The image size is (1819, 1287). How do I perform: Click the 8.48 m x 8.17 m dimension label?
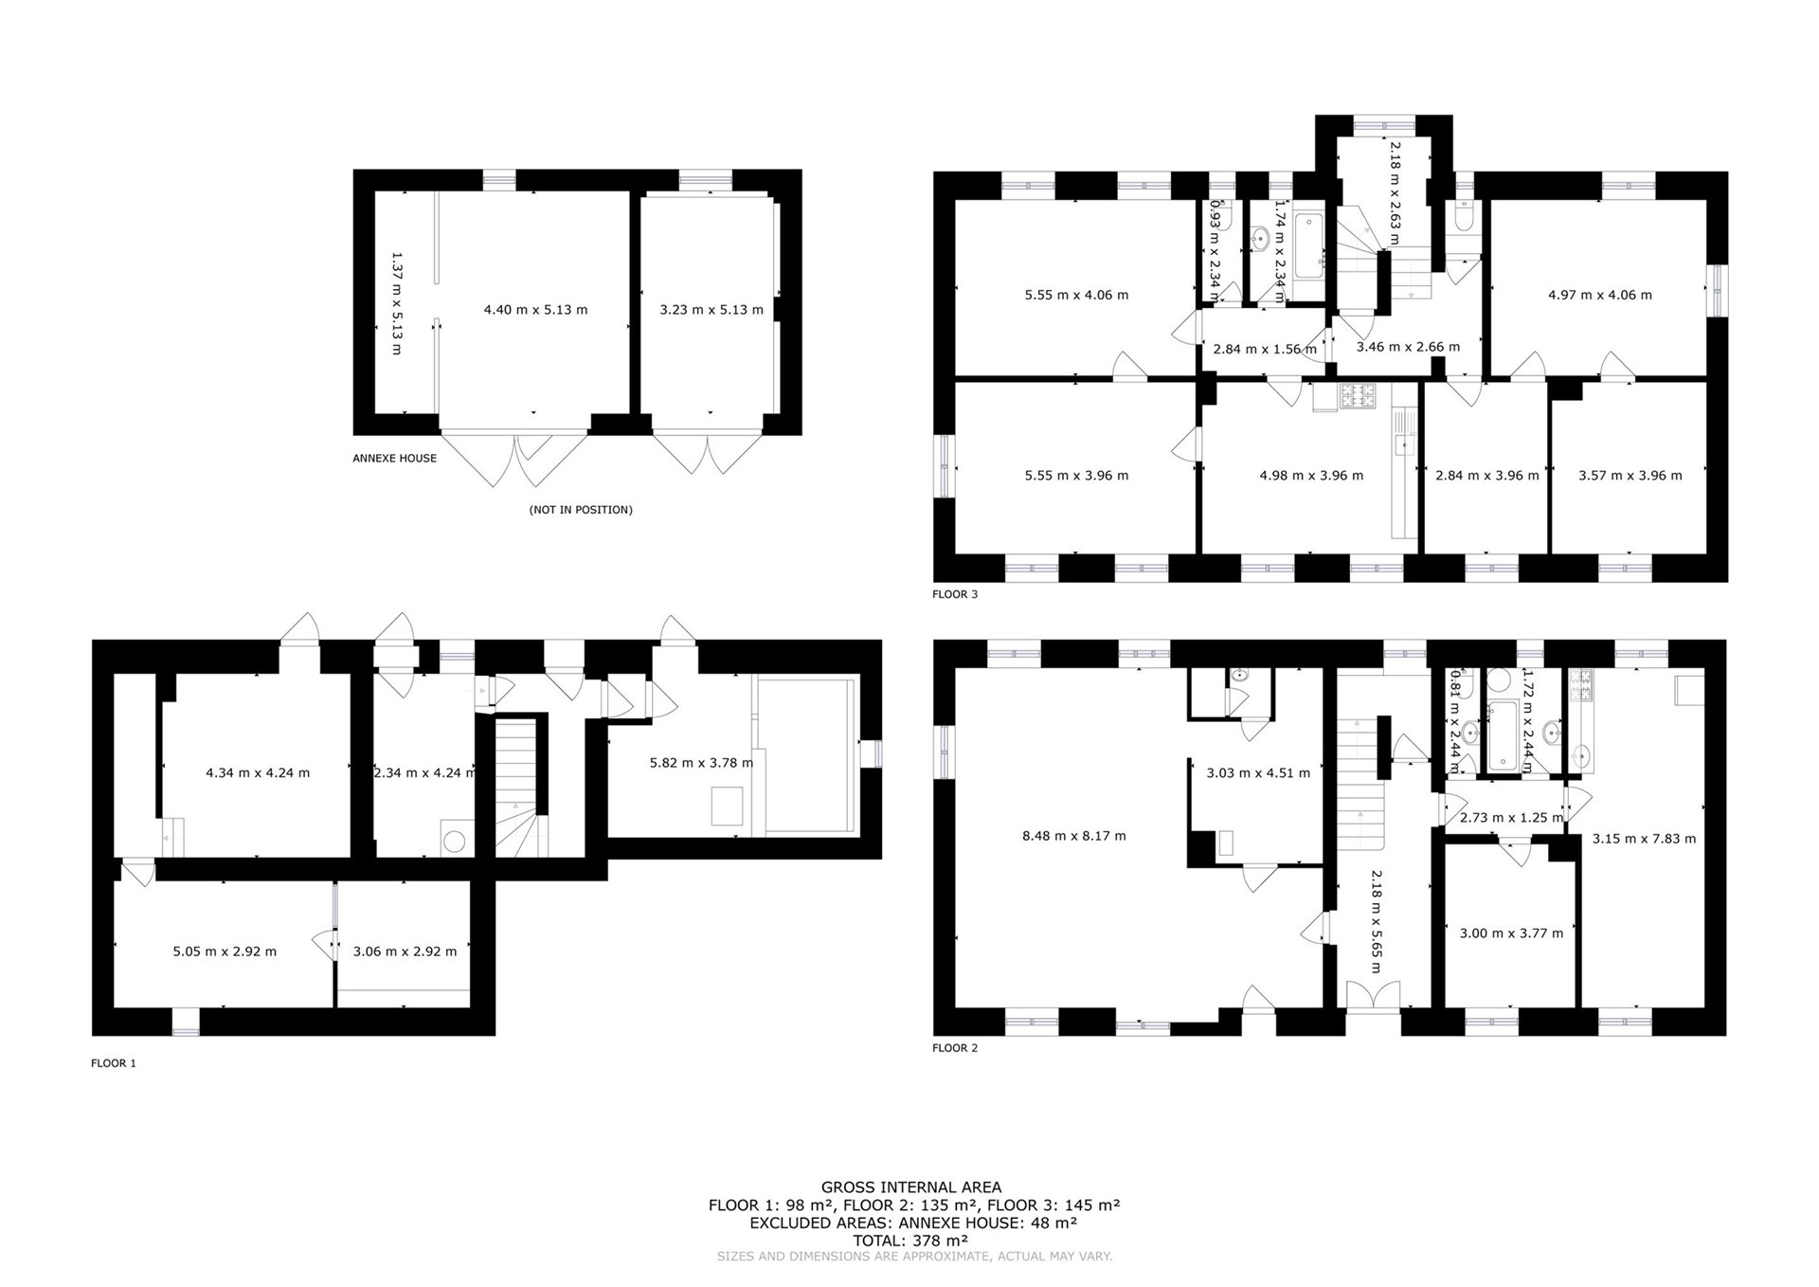point(1074,836)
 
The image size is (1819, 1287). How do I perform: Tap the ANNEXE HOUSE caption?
point(395,459)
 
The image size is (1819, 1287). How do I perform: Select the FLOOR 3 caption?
point(955,595)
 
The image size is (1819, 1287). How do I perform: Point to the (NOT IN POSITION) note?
point(581,510)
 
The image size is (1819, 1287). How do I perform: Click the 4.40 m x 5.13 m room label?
point(535,310)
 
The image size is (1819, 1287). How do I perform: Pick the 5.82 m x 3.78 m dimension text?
point(702,763)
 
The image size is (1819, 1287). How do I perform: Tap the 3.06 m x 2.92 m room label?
point(405,952)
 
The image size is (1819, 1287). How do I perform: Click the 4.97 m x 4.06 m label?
point(1600,295)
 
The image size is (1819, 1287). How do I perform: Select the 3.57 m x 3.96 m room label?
point(1630,476)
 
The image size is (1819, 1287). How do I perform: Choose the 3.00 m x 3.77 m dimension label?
point(1511,934)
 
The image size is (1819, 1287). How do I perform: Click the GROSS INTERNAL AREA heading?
point(911,1187)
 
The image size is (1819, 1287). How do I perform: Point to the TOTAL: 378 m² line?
point(910,1241)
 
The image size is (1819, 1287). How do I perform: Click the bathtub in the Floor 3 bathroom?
point(1309,246)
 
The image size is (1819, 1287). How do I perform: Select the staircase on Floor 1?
point(520,788)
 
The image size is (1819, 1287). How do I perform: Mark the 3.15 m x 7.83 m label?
point(1644,839)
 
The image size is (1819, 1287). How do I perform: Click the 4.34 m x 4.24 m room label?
point(258,773)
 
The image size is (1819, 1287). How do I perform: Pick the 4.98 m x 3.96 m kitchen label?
point(1311,476)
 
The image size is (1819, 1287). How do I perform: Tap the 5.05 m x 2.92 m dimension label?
point(225,952)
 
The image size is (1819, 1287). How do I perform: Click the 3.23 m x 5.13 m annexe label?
point(711,310)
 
